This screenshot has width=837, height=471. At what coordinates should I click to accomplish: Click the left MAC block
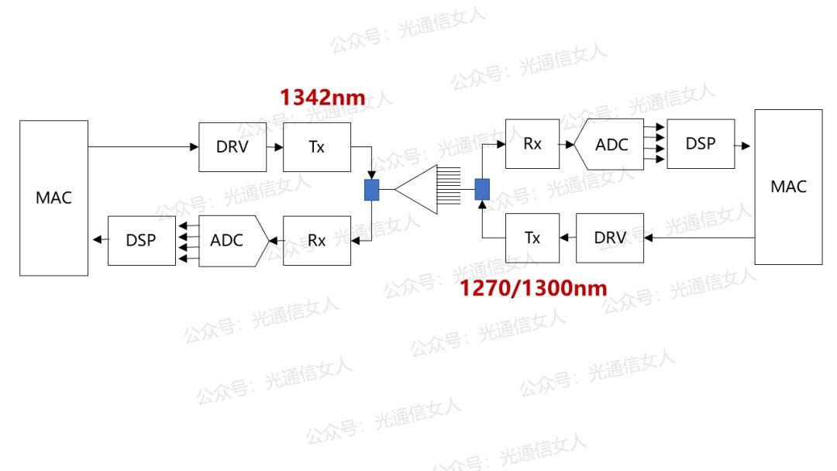coord(54,198)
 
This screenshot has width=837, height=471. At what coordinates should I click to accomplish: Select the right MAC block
coord(788,187)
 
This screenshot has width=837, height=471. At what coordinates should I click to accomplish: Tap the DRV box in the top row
coord(232,147)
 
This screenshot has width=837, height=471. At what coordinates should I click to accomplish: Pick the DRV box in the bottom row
coord(610,238)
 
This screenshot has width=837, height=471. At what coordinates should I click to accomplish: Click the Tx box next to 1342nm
coord(317,147)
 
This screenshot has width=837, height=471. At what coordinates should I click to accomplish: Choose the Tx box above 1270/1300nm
coord(532,238)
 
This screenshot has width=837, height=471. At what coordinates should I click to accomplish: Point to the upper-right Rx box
coord(532,144)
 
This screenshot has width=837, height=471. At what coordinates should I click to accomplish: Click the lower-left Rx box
coord(317,241)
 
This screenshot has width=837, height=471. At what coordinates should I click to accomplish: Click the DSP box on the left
coord(142,241)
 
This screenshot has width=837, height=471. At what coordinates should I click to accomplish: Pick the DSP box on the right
coord(701,144)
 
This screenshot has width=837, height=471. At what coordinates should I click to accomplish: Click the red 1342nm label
coord(323,98)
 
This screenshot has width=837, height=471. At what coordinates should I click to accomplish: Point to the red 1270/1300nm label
coord(533,288)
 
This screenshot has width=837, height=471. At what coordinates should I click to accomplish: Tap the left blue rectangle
coord(371,190)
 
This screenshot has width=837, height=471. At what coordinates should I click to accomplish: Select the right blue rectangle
coord(482,189)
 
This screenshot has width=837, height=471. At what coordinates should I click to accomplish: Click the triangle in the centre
coord(416,189)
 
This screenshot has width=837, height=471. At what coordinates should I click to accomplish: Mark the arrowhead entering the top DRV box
coord(195,146)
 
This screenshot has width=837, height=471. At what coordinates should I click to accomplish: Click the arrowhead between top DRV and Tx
coord(279,147)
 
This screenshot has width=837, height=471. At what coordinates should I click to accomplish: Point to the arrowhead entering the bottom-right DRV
coord(649,238)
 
